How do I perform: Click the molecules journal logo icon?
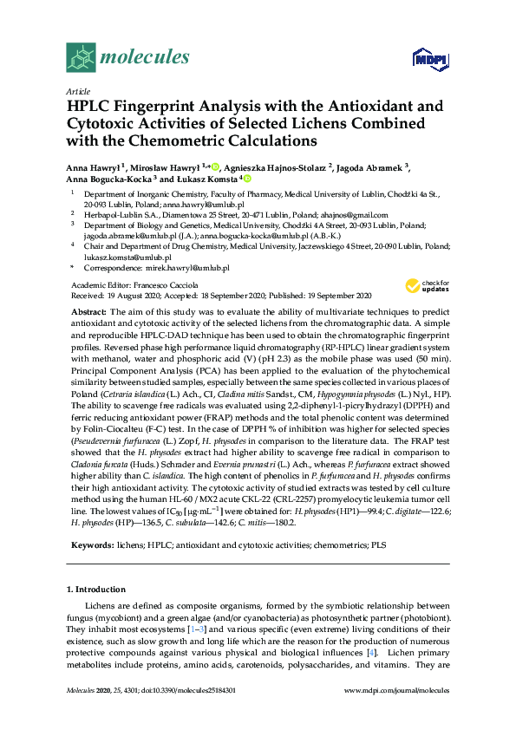pos(82,57)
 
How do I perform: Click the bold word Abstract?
pos(88,310)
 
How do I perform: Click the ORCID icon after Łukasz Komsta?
pos(246,179)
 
